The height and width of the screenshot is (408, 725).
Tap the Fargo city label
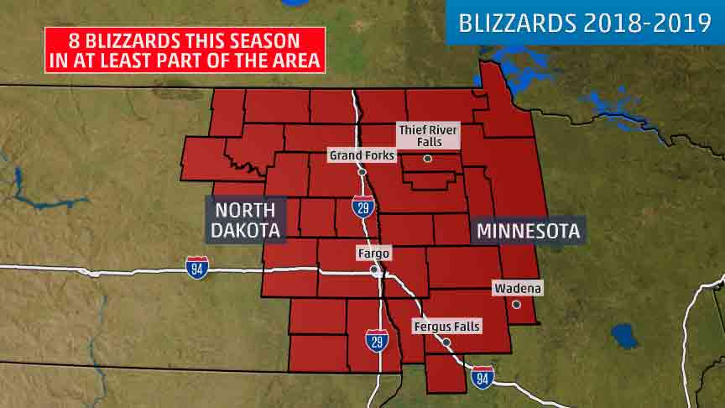373,253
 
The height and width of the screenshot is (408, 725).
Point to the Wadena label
518,288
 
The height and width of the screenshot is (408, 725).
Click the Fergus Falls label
446,326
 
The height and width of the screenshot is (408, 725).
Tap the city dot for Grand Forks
362,171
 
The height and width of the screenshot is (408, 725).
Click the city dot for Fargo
374,269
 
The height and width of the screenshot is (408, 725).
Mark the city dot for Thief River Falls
428,158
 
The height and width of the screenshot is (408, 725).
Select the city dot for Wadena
517,304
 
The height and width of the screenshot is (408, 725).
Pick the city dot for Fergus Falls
447,342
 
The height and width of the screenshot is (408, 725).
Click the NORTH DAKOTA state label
245,219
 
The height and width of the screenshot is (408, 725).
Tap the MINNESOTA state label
529,230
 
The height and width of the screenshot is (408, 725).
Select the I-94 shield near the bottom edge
482,378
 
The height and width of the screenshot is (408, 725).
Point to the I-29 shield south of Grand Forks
362,207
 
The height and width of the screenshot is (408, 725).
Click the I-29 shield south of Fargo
377,341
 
